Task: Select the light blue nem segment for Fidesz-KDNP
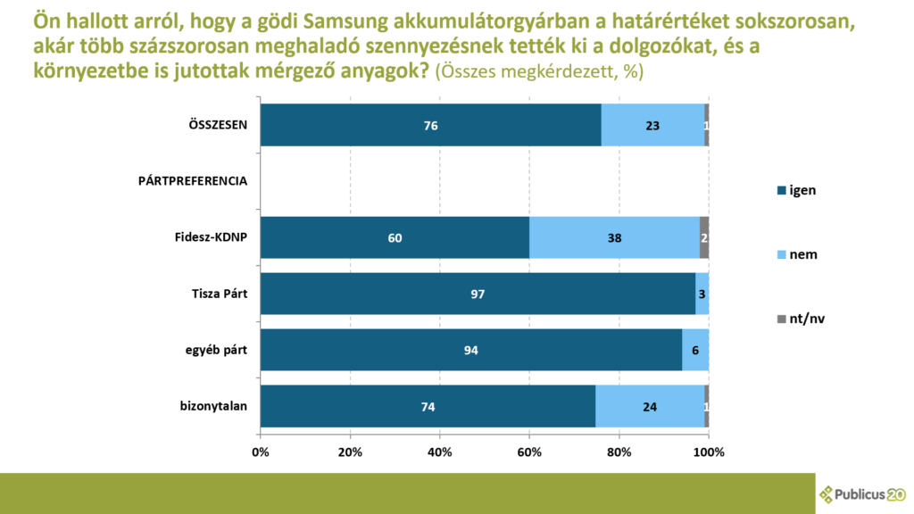tap(614, 237)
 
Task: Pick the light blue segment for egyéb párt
tap(695, 350)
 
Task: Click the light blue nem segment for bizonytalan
tap(649, 406)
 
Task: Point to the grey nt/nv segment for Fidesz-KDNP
tap(704, 237)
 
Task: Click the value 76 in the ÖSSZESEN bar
tap(431, 126)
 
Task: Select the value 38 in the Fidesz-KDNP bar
tap(614, 238)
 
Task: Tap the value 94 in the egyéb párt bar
tap(471, 351)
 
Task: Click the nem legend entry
tap(798, 254)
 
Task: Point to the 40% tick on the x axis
tap(440, 452)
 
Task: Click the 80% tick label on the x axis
tap(619, 452)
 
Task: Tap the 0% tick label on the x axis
tap(261, 452)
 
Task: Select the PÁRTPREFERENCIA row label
tap(193, 181)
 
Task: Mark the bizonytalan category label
tap(213, 406)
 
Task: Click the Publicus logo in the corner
tap(862, 493)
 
